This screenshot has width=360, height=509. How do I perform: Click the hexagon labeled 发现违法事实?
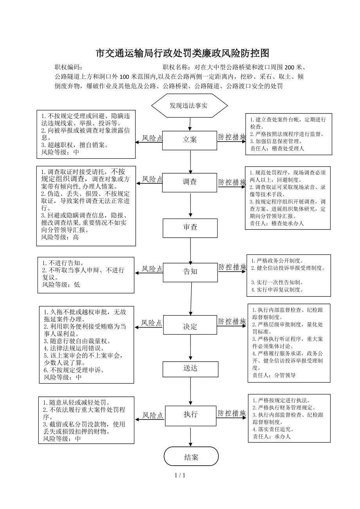[189, 106]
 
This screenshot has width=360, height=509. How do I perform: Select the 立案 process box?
[189, 140]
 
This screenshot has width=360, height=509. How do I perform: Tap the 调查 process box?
[189, 183]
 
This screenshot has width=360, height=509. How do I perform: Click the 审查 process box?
[190, 228]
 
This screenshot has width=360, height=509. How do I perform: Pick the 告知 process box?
[190, 272]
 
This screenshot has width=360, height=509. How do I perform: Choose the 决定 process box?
[190, 325]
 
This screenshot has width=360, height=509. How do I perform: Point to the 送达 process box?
[190, 369]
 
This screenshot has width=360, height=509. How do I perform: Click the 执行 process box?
[191, 416]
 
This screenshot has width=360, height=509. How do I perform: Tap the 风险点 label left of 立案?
[152, 138]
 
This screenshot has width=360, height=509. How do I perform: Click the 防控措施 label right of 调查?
[232, 182]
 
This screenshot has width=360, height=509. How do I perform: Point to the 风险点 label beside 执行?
[153, 416]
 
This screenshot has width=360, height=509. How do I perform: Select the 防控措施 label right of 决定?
[232, 321]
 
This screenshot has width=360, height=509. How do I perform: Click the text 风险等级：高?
[60, 237]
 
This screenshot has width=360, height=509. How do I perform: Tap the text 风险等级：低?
[61, 285]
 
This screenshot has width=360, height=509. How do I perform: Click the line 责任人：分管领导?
[274, 375]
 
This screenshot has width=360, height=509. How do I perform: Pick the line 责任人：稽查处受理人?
[277, 149]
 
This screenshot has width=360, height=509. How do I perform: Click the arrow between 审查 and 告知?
[191, 251]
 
